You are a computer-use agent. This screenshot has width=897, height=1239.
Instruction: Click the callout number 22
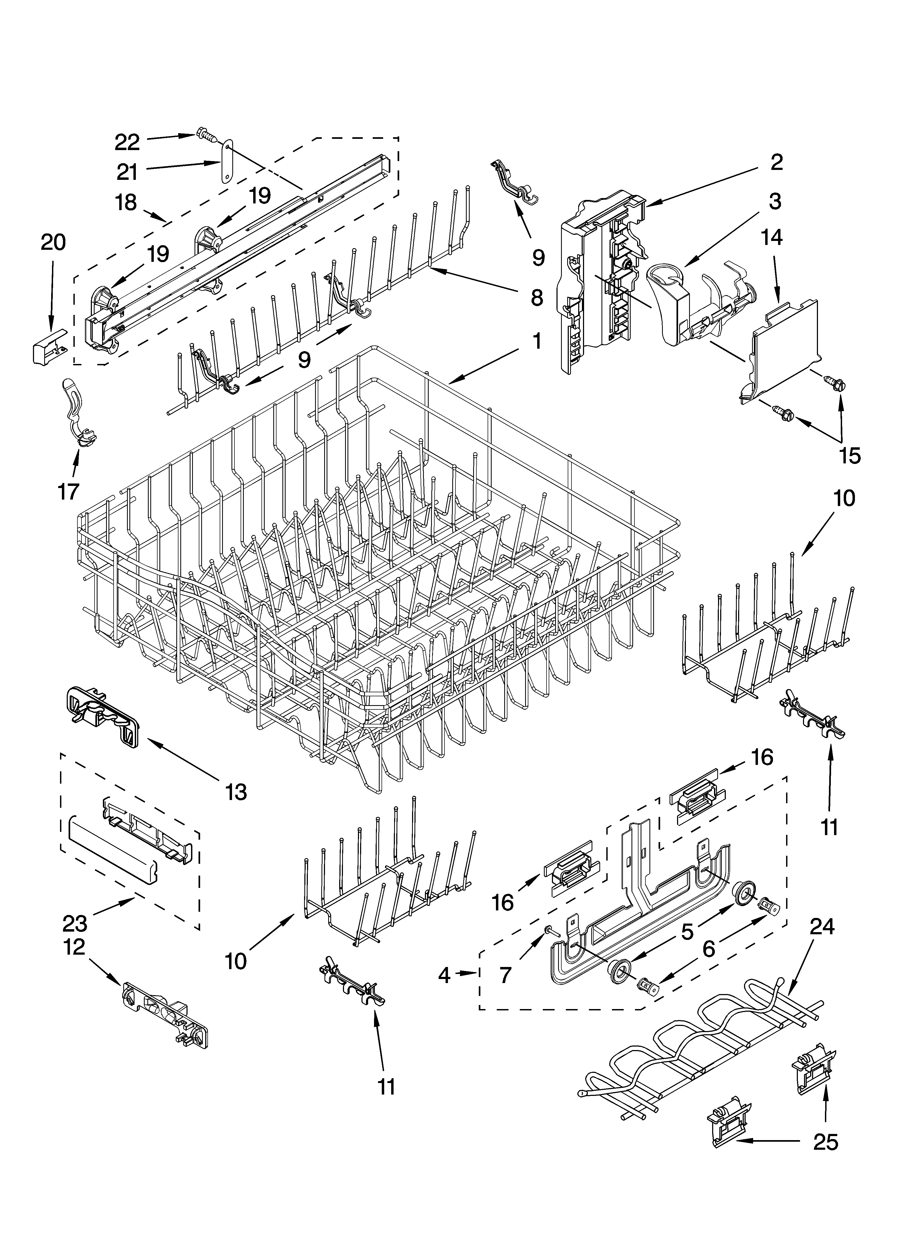127,143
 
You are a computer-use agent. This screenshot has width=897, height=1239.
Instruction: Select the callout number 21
127,173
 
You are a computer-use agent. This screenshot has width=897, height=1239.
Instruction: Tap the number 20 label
53,242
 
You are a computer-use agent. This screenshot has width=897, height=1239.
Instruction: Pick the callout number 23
75,924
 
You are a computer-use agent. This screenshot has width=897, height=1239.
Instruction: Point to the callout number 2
776,162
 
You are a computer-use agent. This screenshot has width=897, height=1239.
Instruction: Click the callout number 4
444,975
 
